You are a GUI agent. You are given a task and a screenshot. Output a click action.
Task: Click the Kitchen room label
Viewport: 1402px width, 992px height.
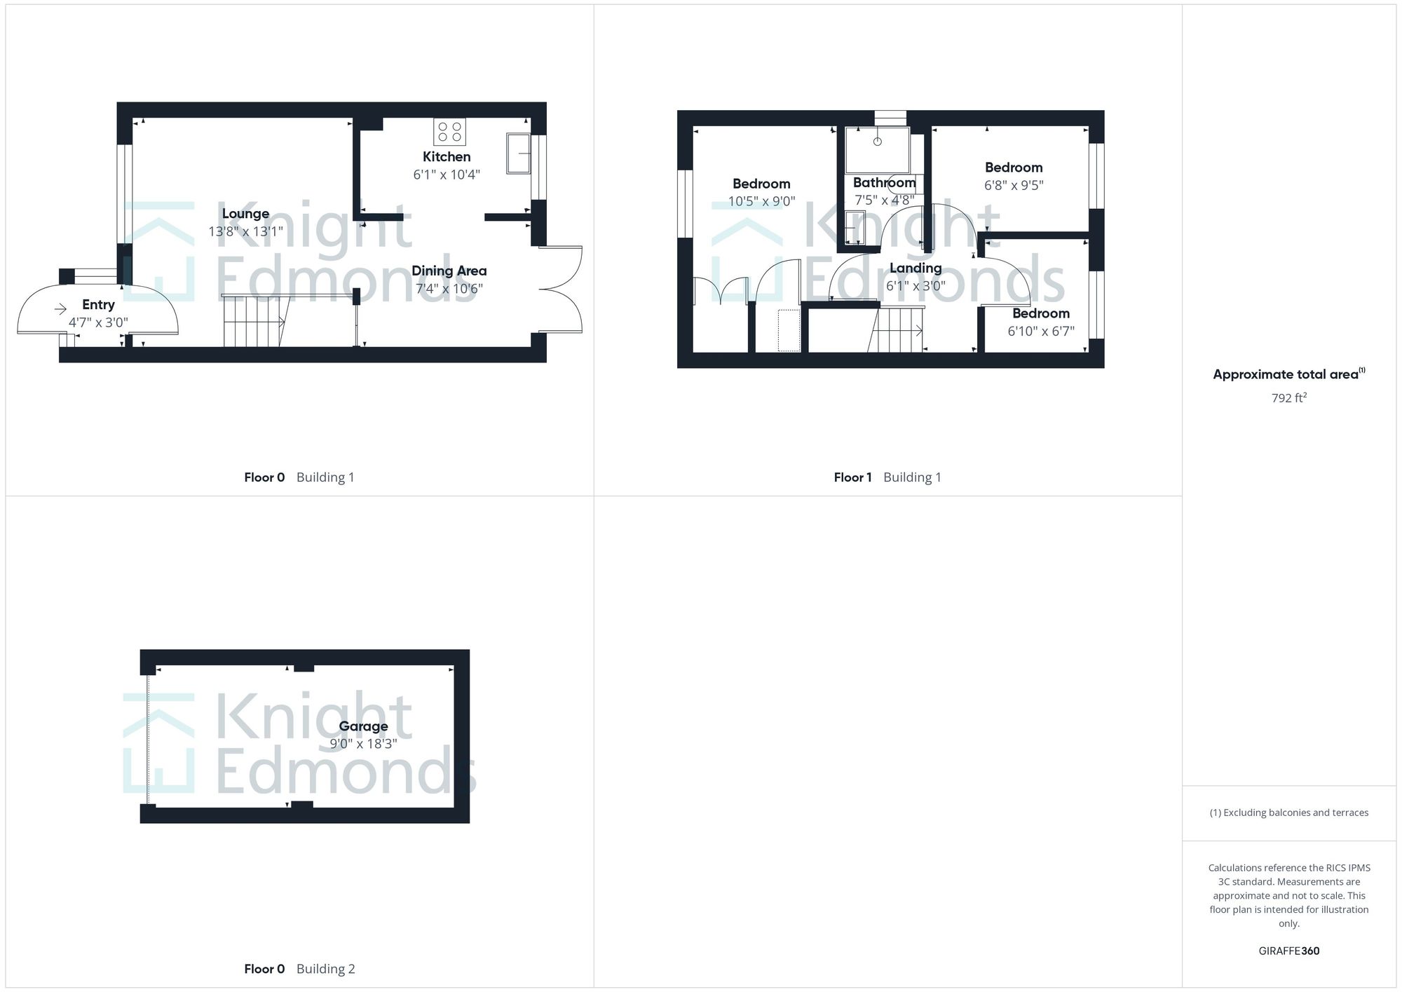[x=446, y=156]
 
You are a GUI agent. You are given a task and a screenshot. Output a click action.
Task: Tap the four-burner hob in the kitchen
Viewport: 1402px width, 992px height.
[x=449, y=132]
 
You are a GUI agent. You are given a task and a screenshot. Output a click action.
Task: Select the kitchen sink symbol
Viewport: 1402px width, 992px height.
[x=518, y=152]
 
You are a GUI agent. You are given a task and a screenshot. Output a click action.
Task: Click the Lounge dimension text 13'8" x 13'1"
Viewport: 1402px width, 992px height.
[x=245, y=231]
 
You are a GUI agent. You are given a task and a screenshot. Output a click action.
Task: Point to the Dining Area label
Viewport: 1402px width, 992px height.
[x=449, y=271]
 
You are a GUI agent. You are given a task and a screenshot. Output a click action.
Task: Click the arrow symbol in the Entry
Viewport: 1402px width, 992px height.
[x=61, y=308]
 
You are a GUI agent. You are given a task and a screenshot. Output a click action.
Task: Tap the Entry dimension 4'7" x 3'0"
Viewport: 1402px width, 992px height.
[x=98, y=322]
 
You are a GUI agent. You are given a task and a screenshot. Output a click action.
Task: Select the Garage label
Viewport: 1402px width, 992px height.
[x=363, y=726]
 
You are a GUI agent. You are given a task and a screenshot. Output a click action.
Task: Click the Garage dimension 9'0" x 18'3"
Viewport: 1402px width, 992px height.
[x=363, y=744]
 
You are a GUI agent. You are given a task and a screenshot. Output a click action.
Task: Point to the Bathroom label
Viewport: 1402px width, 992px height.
[x=884, y=182]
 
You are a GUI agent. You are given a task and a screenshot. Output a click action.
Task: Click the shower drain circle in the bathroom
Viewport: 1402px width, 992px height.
[x=877, y=142]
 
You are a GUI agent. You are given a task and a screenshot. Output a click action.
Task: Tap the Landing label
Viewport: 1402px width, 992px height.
[x=916, y=268]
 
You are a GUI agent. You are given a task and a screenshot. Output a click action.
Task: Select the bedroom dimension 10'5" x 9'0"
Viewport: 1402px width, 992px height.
[x=761, y=202]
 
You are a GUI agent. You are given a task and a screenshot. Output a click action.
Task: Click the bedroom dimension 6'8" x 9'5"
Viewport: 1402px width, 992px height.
[x=1014, y=185]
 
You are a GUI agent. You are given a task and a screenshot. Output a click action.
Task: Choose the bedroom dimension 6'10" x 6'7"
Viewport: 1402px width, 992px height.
[x=1040, y=331]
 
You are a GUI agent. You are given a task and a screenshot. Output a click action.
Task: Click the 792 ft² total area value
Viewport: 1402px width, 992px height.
[x=1288, y=398]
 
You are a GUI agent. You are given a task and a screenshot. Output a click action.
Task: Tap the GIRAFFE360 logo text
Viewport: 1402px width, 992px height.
[x=1288, y=951]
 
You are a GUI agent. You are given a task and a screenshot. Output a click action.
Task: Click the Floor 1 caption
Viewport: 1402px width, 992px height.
[x=852, y=477]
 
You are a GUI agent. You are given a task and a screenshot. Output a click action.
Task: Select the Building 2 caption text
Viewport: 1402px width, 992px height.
[x=325, y=969]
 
